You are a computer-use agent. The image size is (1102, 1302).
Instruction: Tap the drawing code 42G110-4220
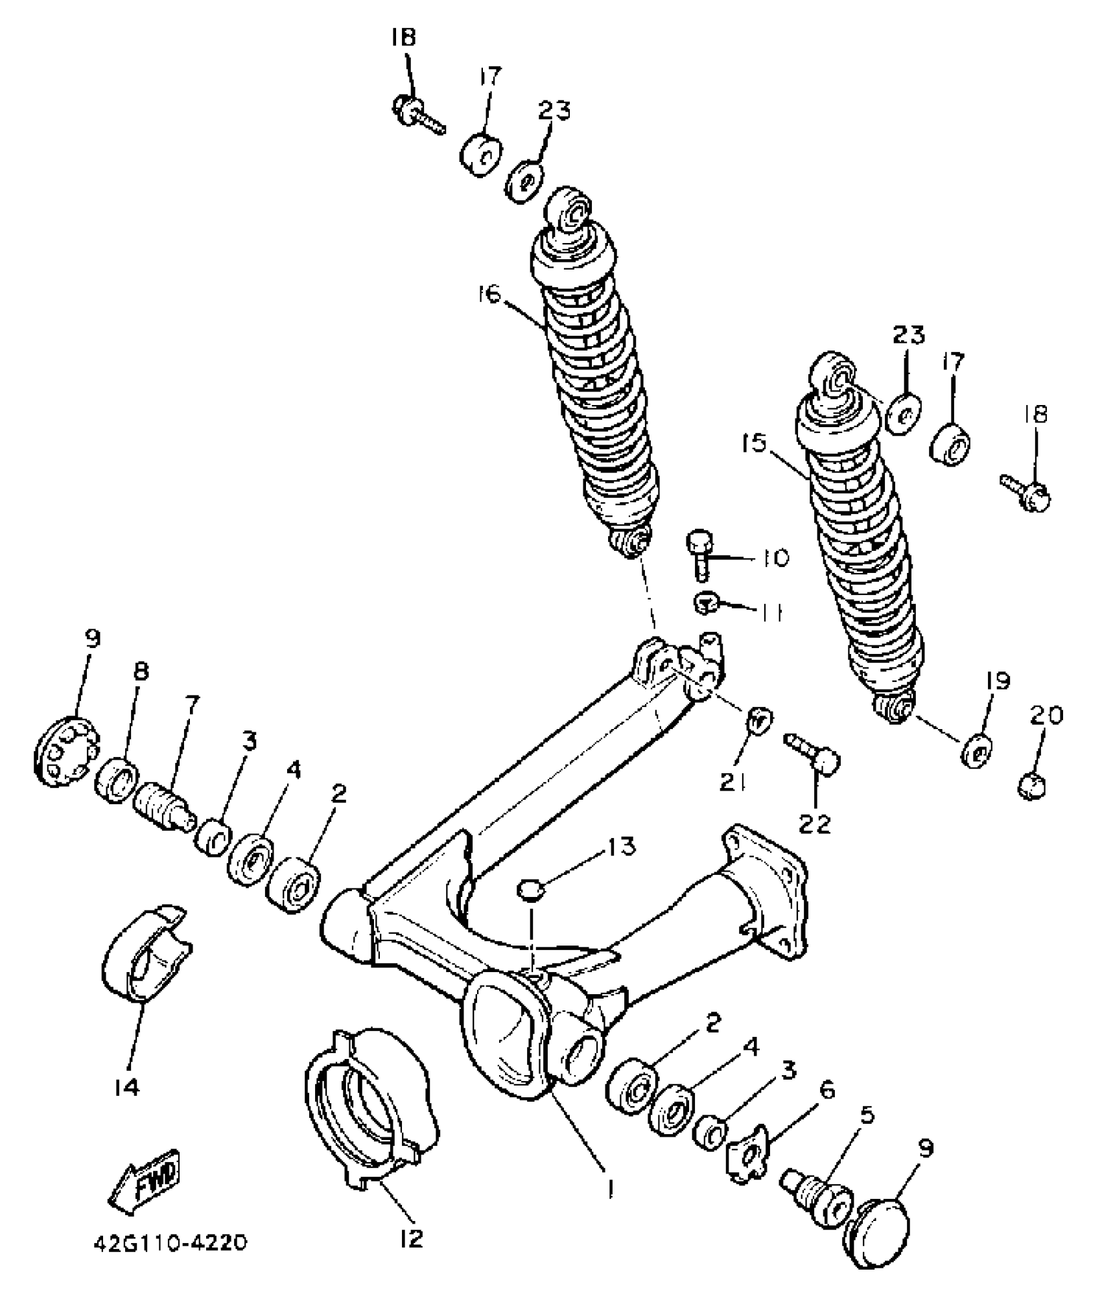(x=169, y=1258)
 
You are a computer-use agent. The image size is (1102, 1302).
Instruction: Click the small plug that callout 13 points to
(x=530, y=890)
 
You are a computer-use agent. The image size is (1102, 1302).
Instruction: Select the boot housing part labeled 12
(x=369, y=1114)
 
